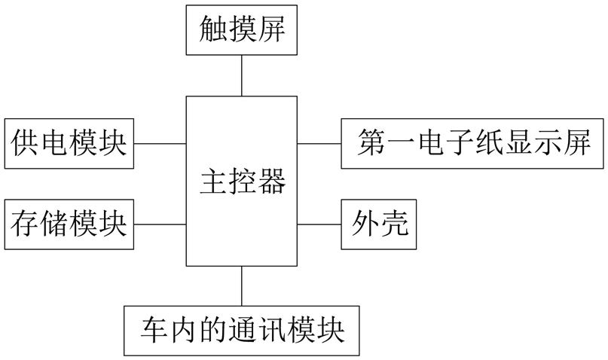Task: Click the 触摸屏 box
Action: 242,30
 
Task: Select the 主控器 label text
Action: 243,181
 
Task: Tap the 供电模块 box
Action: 69,143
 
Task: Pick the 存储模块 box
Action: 69,224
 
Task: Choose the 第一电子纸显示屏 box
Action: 472,143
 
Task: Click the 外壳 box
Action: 379,224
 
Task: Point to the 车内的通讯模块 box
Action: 242,331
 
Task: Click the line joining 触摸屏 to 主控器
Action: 242,75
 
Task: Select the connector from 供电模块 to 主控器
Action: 160,143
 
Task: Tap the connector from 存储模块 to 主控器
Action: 160,224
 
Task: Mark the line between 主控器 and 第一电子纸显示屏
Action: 319,143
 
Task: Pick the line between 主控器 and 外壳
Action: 319,224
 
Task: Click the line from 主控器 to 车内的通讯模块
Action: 242,286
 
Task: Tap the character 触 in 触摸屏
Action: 213,29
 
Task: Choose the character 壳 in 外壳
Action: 394,224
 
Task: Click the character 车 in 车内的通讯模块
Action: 154,330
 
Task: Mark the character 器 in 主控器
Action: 272,181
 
